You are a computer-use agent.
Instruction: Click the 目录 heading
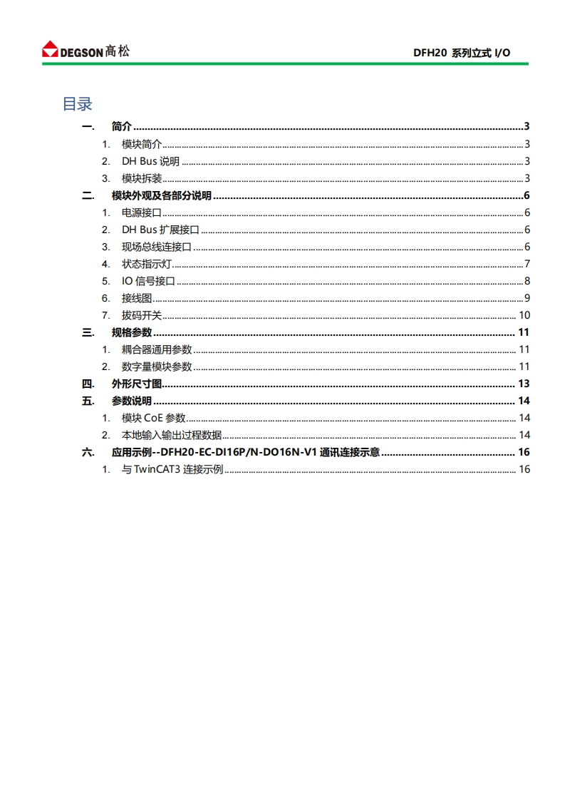point(78,104)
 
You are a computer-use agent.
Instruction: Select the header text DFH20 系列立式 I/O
point(462,53)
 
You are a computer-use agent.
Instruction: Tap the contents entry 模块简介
point(142,144)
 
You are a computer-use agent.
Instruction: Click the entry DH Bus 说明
point(150,161)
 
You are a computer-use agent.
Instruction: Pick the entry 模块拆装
point(142,178)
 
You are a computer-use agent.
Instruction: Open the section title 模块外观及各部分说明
point(162,195)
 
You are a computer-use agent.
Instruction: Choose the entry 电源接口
point(142,212)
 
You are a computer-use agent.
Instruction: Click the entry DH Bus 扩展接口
point(160,230)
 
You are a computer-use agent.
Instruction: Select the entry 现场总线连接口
point(157,247)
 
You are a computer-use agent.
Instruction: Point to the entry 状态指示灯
point(147,264)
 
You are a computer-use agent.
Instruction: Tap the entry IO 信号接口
point(148,281)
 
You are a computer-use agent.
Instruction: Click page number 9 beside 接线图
point(527,298)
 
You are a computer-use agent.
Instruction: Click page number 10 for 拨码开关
point(524,315)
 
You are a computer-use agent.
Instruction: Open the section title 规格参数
point(132,332)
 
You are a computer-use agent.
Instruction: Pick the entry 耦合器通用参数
point(157,349)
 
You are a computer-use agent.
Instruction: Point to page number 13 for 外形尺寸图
point(523,384)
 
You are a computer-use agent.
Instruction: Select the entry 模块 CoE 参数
point(153,418)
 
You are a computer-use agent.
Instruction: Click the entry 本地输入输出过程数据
point(172,435)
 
